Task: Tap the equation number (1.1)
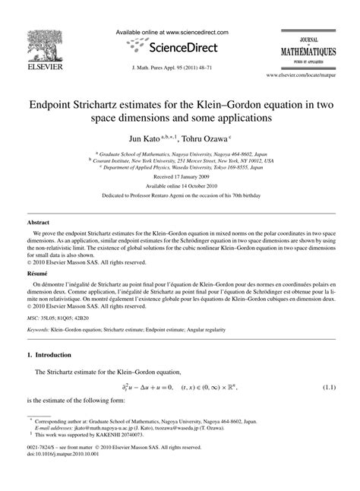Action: pyautogui.click(x=328, y=387)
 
